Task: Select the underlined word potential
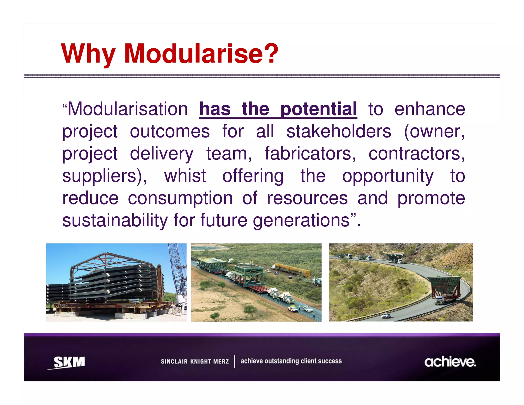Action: (x=318, y=109)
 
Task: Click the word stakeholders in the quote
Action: (x=339, y=131)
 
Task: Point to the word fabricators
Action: (x=310, y=154)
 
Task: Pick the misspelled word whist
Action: (x=185, y=176)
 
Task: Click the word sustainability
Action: (x=115, y=220)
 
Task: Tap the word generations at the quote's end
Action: (x=301, y=220)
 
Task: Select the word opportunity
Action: (x=387, y=176)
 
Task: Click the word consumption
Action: (x=180, y=198)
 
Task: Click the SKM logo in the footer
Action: (x=69, y=362)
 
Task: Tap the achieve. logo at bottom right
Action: (x=450, y=362)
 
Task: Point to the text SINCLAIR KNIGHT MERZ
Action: (x=194, y=361)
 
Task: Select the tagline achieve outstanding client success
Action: (x=291, y=361)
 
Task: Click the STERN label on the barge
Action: (x=62, y=306)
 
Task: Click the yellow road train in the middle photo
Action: (x=291, y=270)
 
